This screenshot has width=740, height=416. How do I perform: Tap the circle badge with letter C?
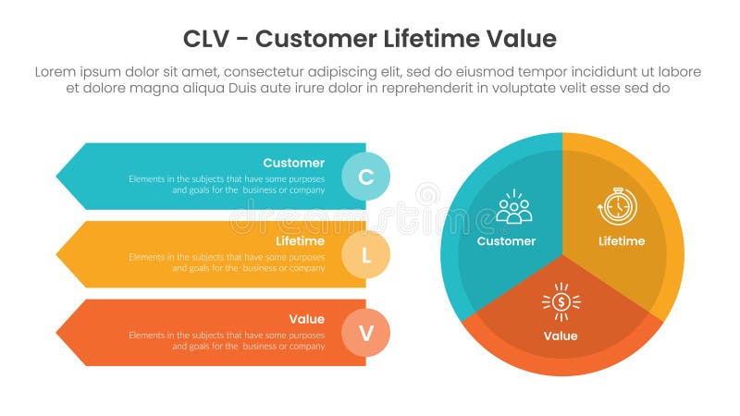pos(366,177)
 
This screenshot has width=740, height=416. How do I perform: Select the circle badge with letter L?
pos(366,255)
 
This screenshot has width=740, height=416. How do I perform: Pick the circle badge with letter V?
pos(366,334)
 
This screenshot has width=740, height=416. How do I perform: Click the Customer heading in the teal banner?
pos(293,163)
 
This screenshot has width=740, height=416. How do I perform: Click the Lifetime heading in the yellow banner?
pos(300,241)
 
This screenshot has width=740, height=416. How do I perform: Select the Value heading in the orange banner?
pos(306,319)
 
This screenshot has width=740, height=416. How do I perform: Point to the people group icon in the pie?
pos(513,209)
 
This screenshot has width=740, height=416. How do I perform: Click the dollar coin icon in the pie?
pos(561,302)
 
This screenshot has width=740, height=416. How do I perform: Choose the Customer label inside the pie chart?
pos(506,241)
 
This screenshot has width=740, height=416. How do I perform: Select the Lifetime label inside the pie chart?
pos(621,241)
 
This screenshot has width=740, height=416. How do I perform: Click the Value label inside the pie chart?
pos(561,336)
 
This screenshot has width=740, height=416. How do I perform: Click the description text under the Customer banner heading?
pos(227,184)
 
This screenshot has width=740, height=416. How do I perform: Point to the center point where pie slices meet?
pos(562,254)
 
